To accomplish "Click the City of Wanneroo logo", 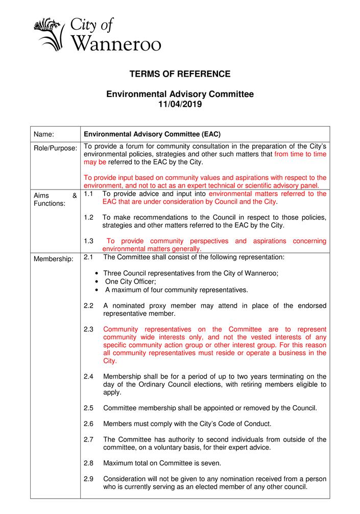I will tap(97, 33).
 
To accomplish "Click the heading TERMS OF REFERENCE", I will tap(180, 74).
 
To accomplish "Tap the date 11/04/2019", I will tap(180, 104).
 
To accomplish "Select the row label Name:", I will tap(44, 134).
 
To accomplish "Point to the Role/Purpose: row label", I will tap(55, 148).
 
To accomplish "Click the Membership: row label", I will tap(53, 259).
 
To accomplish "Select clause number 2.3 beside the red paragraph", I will tap(88, 329).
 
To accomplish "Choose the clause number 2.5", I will tap(88, 408).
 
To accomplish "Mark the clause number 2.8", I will tap(88, 463).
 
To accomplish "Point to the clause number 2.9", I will tap(88, 479).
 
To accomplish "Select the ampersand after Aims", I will tap(75, 195).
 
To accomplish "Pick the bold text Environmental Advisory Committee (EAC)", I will tap(152, 134).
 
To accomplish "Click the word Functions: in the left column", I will tap(49, 204).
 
